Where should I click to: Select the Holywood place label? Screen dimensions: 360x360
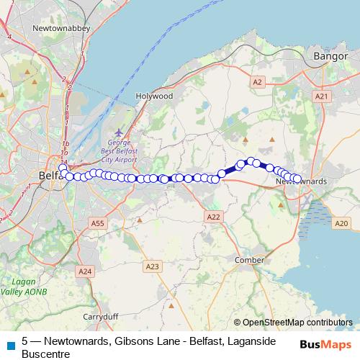pos(154,95)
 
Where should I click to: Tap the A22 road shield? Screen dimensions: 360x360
pos(212,216)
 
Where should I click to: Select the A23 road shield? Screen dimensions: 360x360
pos(152,266)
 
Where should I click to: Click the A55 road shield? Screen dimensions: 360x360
pos(99,224)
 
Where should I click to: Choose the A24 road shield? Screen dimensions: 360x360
pos(85,271)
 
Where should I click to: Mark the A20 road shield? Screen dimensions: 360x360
pos(341,224)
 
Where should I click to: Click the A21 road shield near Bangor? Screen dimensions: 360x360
pos(321,96)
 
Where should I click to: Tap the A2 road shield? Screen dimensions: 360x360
pos(257,82)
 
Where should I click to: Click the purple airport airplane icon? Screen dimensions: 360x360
pos(119,132)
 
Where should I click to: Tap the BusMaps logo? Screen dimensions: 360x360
pos(326,344)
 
